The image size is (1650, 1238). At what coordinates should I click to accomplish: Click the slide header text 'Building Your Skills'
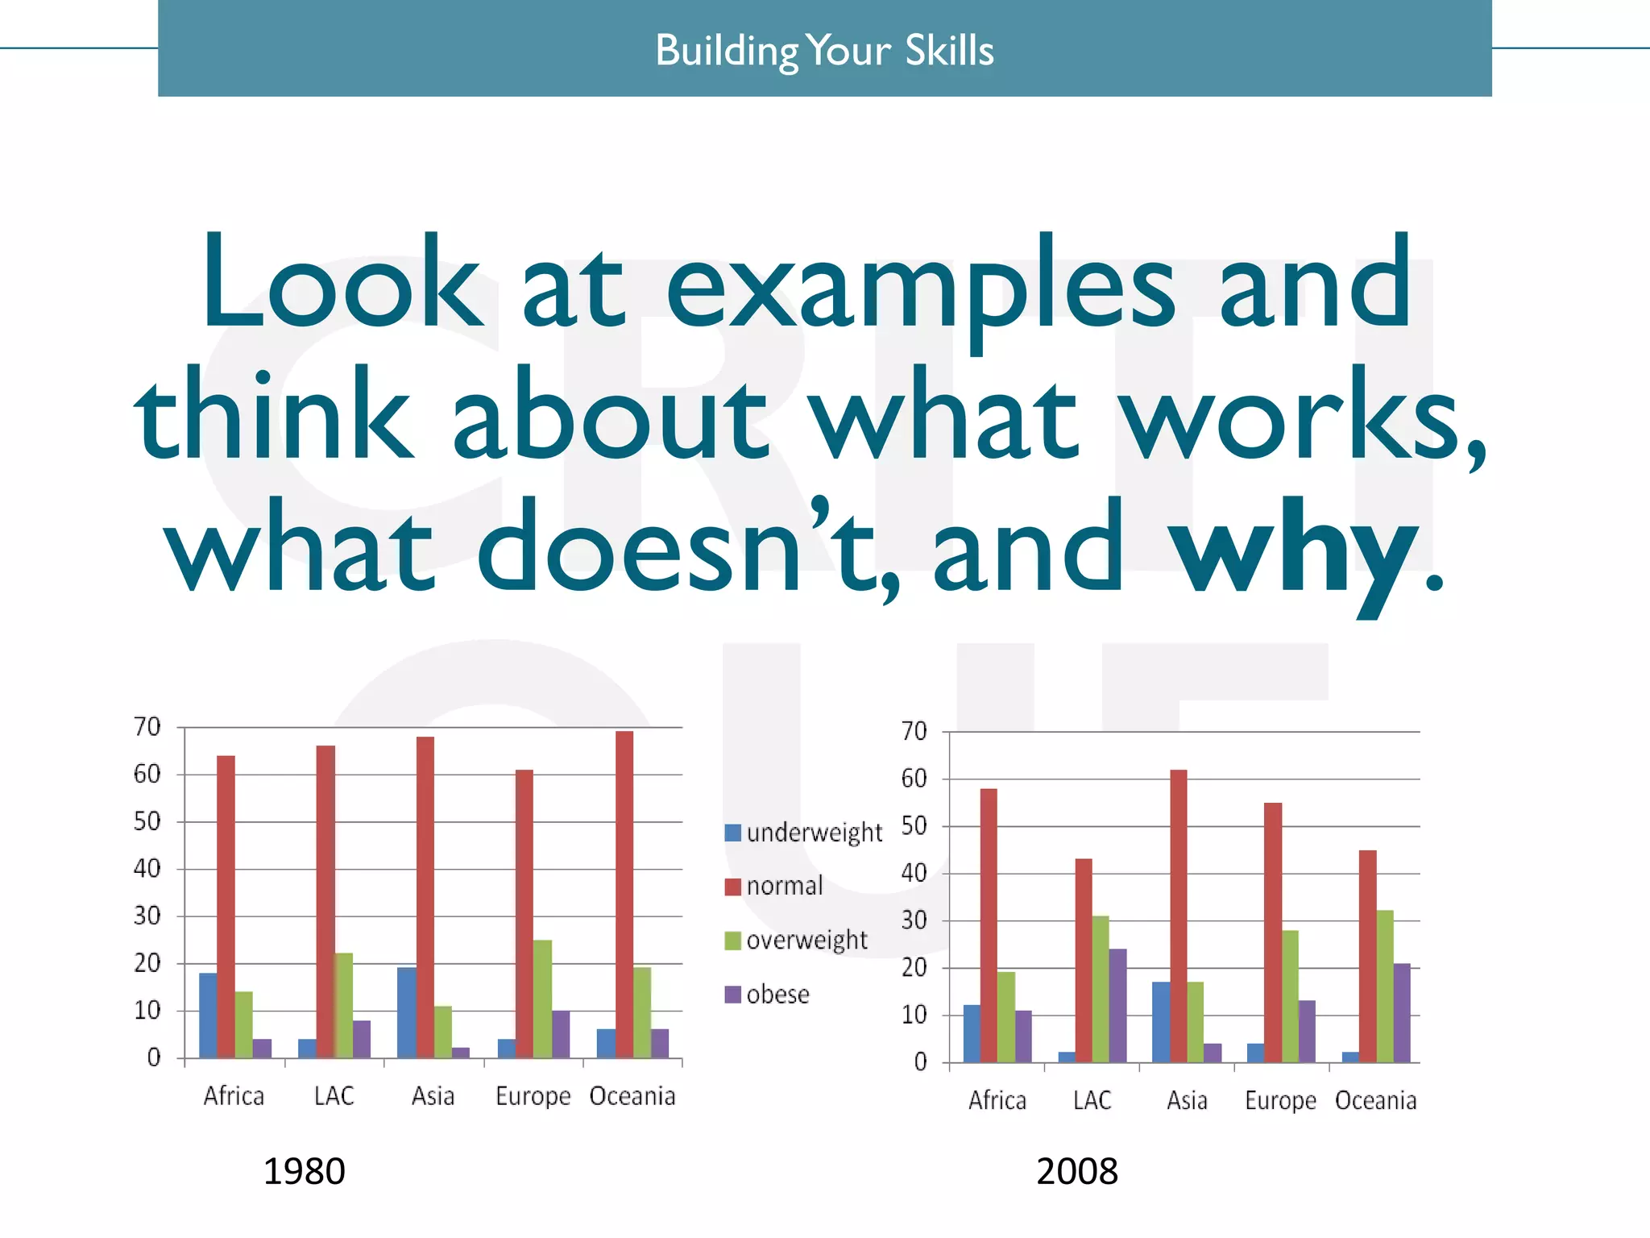pos(824,50)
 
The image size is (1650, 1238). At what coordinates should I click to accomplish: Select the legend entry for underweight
pos(814,833)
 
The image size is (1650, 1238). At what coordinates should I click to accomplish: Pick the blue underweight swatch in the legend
pos(732,833)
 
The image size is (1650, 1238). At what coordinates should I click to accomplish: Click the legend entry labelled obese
pos(777,995)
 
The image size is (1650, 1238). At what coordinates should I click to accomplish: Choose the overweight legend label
pos(806,941)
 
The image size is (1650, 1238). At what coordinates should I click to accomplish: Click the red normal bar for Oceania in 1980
pos(624,895)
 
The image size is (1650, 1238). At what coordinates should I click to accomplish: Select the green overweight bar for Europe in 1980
pos(542,999)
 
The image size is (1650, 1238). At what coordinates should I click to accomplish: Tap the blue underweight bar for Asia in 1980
pos(406,1013)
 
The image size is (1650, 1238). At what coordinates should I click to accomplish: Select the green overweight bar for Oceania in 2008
pos(1385,987)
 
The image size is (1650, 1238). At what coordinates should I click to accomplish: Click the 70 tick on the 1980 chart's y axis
pos(147,727)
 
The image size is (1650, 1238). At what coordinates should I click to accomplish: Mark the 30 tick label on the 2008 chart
pos(914,920)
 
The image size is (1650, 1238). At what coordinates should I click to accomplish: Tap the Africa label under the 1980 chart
pos(234,1096)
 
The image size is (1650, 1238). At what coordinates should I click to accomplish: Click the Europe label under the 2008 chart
pos(1280,1101)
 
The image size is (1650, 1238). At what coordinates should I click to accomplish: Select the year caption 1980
pos(304,1171)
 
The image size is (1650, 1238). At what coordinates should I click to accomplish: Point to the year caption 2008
pos(1076,1171)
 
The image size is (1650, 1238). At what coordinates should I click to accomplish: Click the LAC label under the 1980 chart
pos(334,1096)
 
